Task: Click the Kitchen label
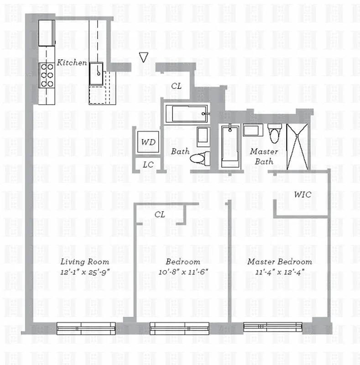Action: pos(72,63)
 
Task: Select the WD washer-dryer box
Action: pos(148,142)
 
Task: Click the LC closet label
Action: pos(148,165)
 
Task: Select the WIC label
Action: pos(302,194)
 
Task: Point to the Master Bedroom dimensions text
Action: pos(280,272)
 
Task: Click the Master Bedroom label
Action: pos(280,262)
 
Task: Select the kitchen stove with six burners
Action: pos(47,75)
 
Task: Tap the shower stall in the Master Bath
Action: pos(297,146)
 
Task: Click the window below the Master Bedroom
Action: pos(273,327)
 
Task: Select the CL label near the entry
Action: pos(177,85)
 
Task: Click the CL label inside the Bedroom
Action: pos(160,214)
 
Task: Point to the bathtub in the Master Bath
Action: pos(230,146)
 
